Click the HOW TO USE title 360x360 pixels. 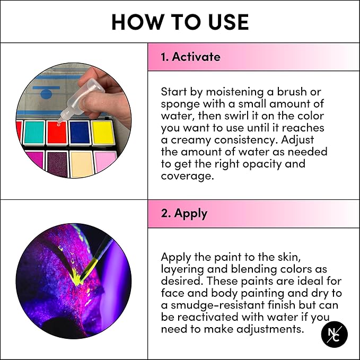pos(180,22)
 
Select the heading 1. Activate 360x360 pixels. pos(190,57)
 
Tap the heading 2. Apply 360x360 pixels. pos(184,214)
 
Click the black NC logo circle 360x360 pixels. pos(334,335)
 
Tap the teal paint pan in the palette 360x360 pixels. pos(34,133)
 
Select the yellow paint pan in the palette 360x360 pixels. pos(102,133)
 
